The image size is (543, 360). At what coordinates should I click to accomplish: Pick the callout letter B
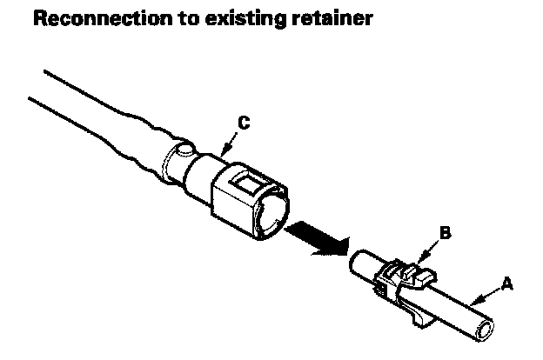tap(445, 233)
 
